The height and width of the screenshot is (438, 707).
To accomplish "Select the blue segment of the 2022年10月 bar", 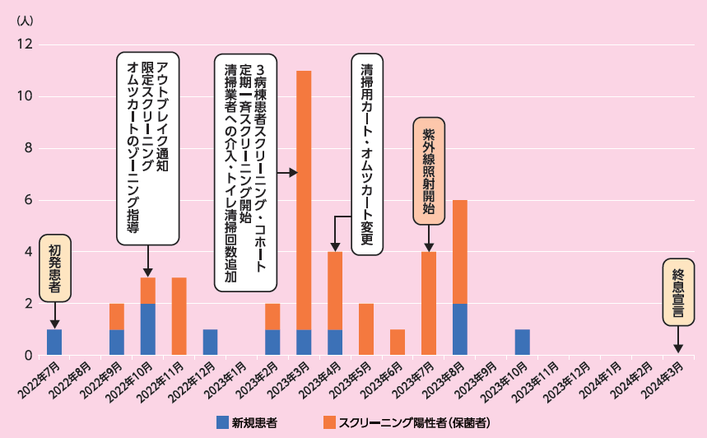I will (x=148, y=329).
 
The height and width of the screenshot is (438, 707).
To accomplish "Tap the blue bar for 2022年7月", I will (x=54, y=342).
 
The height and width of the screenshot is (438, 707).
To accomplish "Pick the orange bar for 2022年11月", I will (x=179, y=317).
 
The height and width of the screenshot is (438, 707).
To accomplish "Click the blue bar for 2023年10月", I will (x=523, y=342).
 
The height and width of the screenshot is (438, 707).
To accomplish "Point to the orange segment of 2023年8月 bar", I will (x=460, y=252).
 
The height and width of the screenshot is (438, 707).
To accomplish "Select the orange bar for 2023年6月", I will (x=398, y=342).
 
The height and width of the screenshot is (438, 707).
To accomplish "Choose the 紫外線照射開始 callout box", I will (x=429, y=170).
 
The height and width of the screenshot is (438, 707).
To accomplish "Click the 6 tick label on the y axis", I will (x=27, y=200).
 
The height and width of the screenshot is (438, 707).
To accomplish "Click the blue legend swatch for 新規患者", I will (x=222, y=422).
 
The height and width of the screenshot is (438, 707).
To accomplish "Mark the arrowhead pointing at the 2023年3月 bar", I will (x=293, y=173).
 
